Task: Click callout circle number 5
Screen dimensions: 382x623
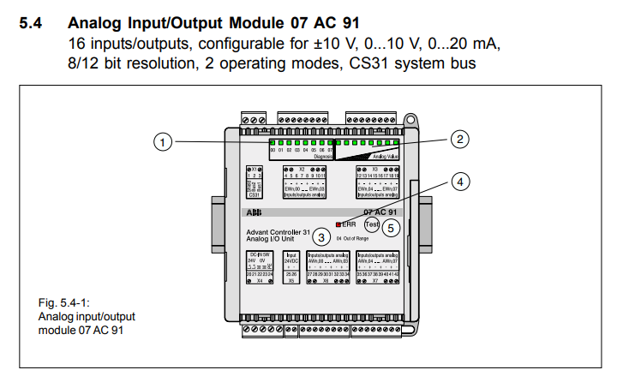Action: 391,228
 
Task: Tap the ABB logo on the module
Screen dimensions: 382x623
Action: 255,211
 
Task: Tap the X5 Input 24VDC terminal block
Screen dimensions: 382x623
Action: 291,267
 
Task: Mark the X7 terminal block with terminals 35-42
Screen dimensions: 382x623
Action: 378,267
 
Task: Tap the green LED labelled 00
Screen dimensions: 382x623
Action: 273,143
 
